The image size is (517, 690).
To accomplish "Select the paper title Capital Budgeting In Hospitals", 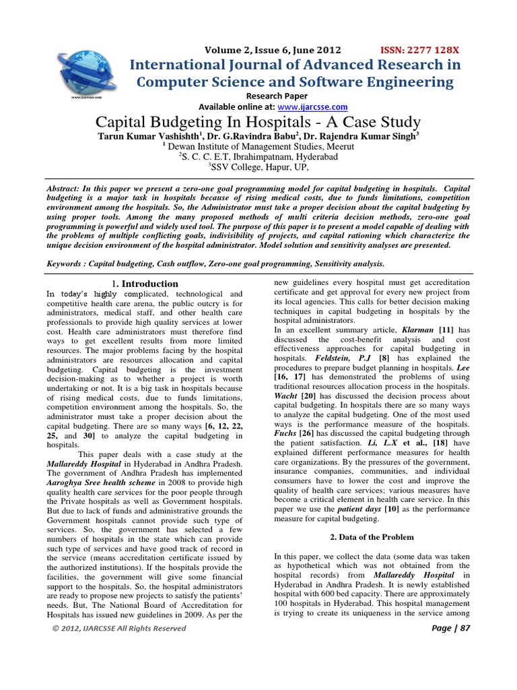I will pos(258,123).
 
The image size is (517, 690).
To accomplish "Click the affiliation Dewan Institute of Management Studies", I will pos(263,145).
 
